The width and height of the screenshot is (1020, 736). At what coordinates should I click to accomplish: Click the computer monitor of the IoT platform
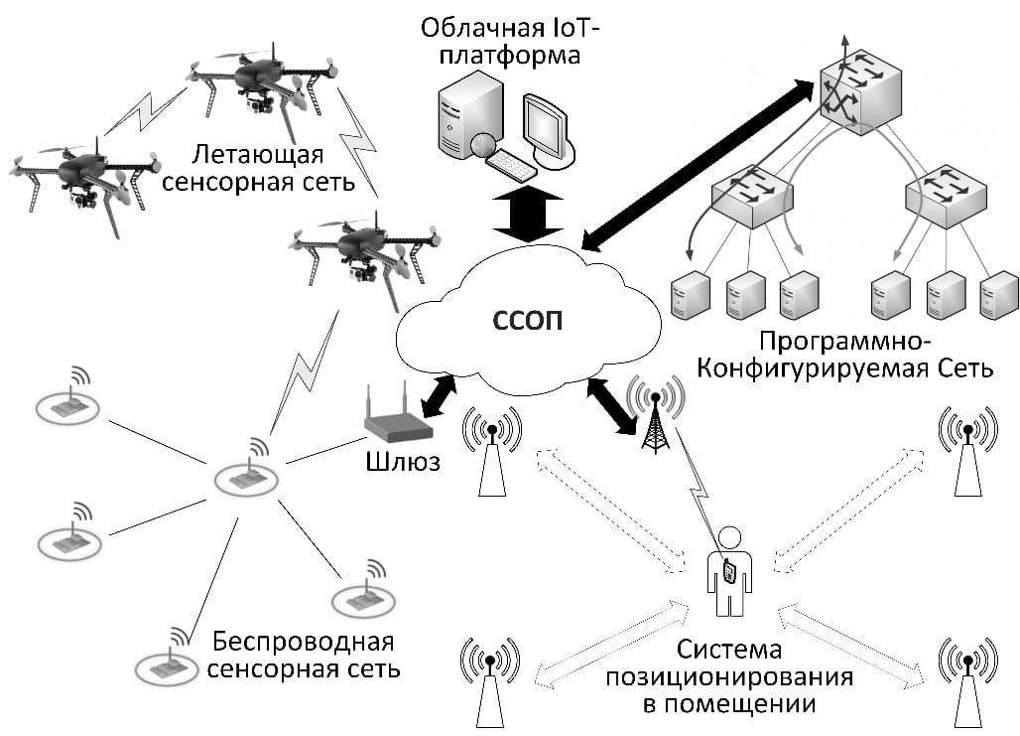547,126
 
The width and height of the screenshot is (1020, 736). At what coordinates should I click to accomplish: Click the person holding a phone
729,571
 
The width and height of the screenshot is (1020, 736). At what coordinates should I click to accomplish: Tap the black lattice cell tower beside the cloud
655,417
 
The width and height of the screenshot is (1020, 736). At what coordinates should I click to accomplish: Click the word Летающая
260,155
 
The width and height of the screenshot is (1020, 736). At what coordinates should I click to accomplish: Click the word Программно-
844,343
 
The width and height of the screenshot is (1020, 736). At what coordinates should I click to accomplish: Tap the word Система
729,652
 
